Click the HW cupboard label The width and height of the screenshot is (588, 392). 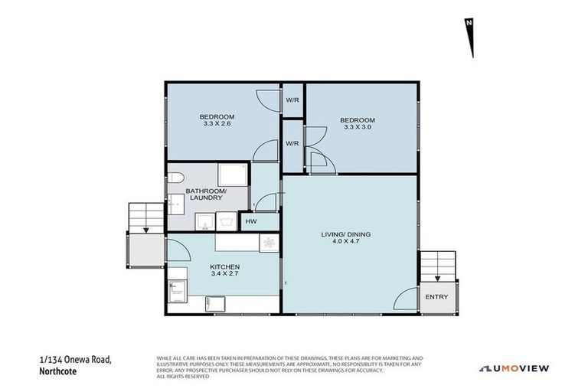point(250,221)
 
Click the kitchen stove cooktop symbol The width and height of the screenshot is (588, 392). point(269,242)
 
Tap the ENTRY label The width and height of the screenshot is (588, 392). point(436,296)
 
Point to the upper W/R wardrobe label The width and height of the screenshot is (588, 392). point(292,100)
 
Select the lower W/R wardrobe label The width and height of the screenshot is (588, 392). point(292,143)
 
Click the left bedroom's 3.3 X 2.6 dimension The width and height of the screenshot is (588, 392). point(211,123)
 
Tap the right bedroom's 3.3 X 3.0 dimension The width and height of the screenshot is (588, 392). point(358,127)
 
